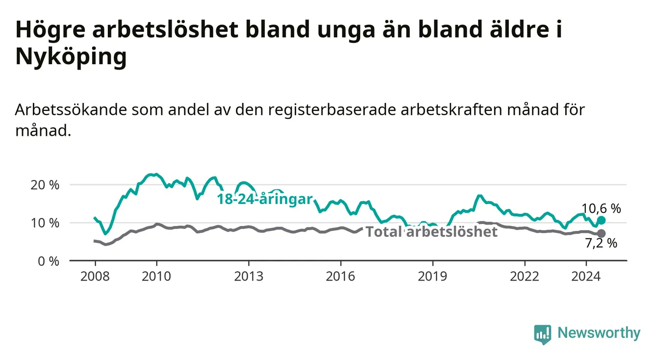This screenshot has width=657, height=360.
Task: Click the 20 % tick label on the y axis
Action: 45,185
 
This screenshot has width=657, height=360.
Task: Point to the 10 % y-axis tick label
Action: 45,223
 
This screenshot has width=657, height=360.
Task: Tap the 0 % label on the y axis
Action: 49,261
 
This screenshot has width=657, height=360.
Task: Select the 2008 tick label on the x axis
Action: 95,277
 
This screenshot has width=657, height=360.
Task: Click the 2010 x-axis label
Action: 156,277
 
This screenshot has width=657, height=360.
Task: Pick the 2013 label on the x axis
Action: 249,277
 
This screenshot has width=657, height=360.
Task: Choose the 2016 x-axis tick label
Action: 341,277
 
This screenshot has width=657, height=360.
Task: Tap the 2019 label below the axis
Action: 432,277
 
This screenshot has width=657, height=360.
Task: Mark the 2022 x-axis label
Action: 525,277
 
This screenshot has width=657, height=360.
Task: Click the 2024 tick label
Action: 586,277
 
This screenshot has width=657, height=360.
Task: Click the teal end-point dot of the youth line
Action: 601,220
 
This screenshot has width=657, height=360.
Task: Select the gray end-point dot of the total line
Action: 601,233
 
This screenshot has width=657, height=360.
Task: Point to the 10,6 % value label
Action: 601,208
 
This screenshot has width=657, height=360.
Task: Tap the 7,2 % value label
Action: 601,243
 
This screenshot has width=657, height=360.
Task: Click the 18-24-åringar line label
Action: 265,200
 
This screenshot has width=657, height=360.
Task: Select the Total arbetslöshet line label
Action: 432,232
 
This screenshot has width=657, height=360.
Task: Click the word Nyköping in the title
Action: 71,56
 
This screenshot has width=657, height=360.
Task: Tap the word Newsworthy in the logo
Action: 599,333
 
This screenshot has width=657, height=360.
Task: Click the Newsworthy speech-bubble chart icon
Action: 543,334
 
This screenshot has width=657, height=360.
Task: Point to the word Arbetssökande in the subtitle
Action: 71,110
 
